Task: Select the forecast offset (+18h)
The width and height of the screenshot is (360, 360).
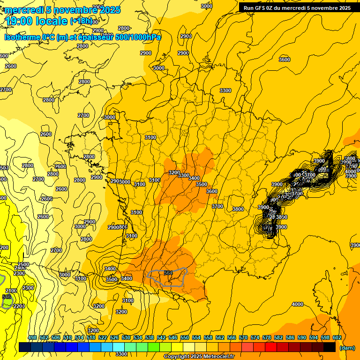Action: click(x=82, y=21)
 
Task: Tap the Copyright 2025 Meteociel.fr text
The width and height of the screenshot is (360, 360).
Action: click(x=199, y=357)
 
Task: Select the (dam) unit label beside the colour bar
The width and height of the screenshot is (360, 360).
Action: click(x=347, y=348)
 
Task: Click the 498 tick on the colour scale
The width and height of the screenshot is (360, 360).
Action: click(x=32, y=337)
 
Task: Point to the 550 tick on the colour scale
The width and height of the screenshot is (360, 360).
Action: click(x=185, y=337)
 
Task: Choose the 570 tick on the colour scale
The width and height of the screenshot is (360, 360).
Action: click(x=243, y=337)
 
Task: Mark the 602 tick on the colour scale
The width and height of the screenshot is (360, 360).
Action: click(x=337, y=337)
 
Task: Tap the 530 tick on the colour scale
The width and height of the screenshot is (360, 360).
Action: click(x=126, y=337)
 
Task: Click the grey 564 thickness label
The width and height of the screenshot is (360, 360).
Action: click(x=168, y=273)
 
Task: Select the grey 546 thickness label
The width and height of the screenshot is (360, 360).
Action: click(x=7, y=297)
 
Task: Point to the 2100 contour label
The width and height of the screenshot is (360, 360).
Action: click(x=11, y=291)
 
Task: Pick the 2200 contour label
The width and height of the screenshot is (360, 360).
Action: click(x=19, y=306)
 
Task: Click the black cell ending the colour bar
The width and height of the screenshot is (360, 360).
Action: click(x=330, y=347)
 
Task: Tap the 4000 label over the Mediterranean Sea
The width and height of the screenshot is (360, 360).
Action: click(x=297, y=304)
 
